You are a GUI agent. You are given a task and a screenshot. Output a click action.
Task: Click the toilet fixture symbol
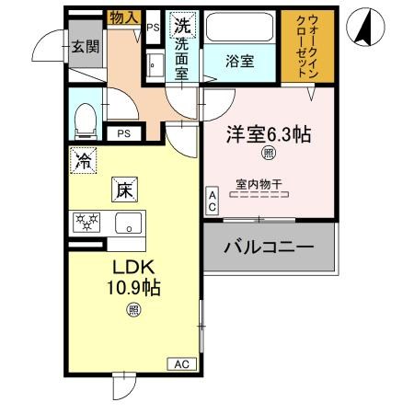coord(85,117)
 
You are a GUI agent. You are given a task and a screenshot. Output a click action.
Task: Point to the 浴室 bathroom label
coord(241,62)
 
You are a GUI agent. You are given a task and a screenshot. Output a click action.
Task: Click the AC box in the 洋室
coord(212,201)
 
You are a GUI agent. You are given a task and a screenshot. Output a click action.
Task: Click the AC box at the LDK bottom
coord(182,364)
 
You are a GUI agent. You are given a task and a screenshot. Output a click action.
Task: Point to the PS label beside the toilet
coord(122,134)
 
